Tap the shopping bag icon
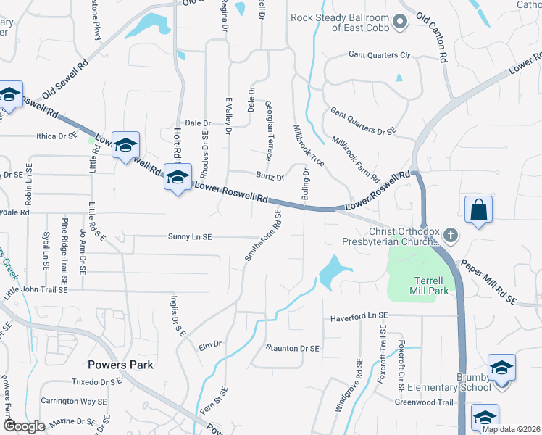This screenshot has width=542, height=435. click(x=478, y=211)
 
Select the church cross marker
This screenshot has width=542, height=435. click(x=450, y=235)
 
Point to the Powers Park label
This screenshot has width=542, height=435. click(x=120, y=365)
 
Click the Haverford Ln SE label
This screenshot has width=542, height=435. click(x=360, y=317)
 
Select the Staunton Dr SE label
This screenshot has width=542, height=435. click(x=293, y=349)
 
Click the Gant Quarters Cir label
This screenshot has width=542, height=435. click(x=380, y=55)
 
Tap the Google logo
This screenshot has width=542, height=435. click(x=24, y=426)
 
